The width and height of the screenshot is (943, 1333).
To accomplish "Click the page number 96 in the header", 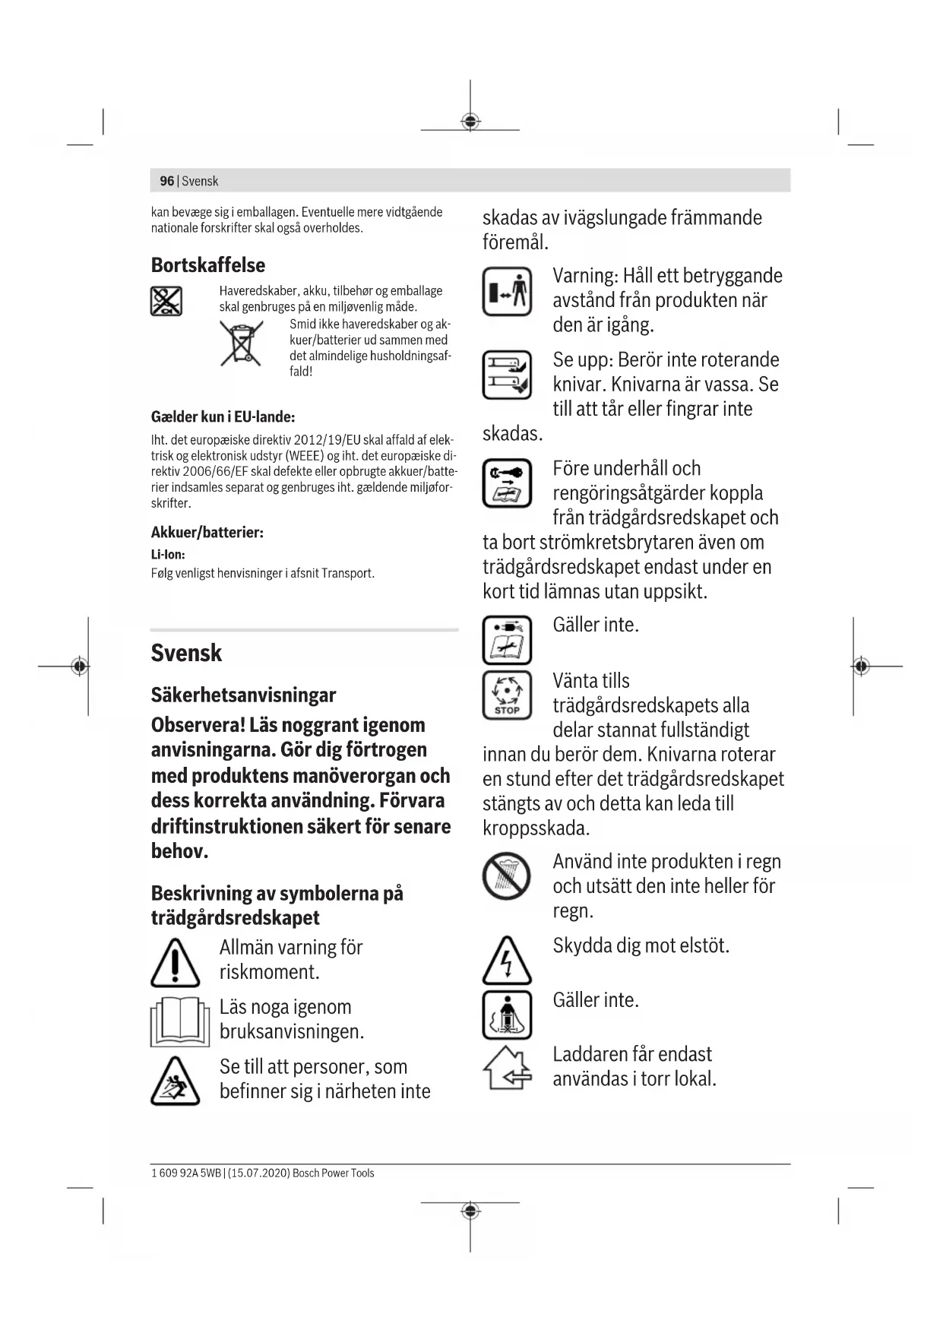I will pos(166,181).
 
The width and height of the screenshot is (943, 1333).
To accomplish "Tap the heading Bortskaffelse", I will pos(207,265).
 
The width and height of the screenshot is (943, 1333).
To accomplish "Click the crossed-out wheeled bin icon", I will pos(242,344).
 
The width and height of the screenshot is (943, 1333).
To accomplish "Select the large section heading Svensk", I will pos(186,653).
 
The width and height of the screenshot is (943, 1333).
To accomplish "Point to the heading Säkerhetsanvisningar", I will pos(243,695).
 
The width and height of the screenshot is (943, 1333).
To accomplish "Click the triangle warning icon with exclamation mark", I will pos(175,963).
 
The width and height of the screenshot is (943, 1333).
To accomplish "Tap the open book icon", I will pos(179,1021).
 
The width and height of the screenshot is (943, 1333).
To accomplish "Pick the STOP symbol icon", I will pos(507,695).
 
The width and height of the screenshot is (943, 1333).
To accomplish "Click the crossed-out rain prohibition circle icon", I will pos(506,876).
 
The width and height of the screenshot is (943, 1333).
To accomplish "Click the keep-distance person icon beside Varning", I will pos(507,291).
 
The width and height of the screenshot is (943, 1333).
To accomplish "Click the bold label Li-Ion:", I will pos(168,555).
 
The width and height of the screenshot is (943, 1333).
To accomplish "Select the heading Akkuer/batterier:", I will pos(207,533).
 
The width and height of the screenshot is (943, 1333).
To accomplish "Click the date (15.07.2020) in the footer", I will pos(258,1173).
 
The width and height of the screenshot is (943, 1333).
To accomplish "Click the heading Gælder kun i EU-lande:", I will pos(223,416).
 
